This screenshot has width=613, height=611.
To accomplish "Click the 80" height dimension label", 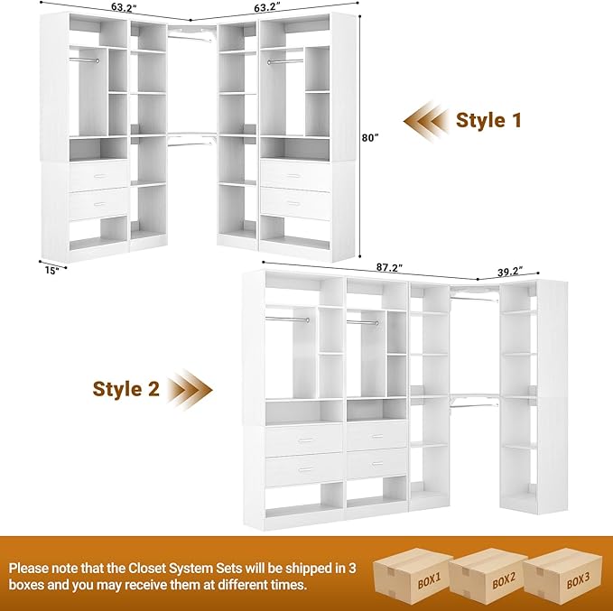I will [369, 138].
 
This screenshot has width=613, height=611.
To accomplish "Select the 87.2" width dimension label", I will [390, 268].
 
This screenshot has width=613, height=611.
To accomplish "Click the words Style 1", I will [488, 120].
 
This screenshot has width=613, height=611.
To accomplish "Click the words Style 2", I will [126, 389].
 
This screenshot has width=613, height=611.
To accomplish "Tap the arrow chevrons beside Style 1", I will [426, 120].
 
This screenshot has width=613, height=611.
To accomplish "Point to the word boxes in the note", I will [28, 586].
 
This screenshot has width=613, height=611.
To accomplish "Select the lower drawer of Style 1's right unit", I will [295, 203].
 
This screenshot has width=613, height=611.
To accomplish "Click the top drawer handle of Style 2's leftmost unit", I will [304, 440].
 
